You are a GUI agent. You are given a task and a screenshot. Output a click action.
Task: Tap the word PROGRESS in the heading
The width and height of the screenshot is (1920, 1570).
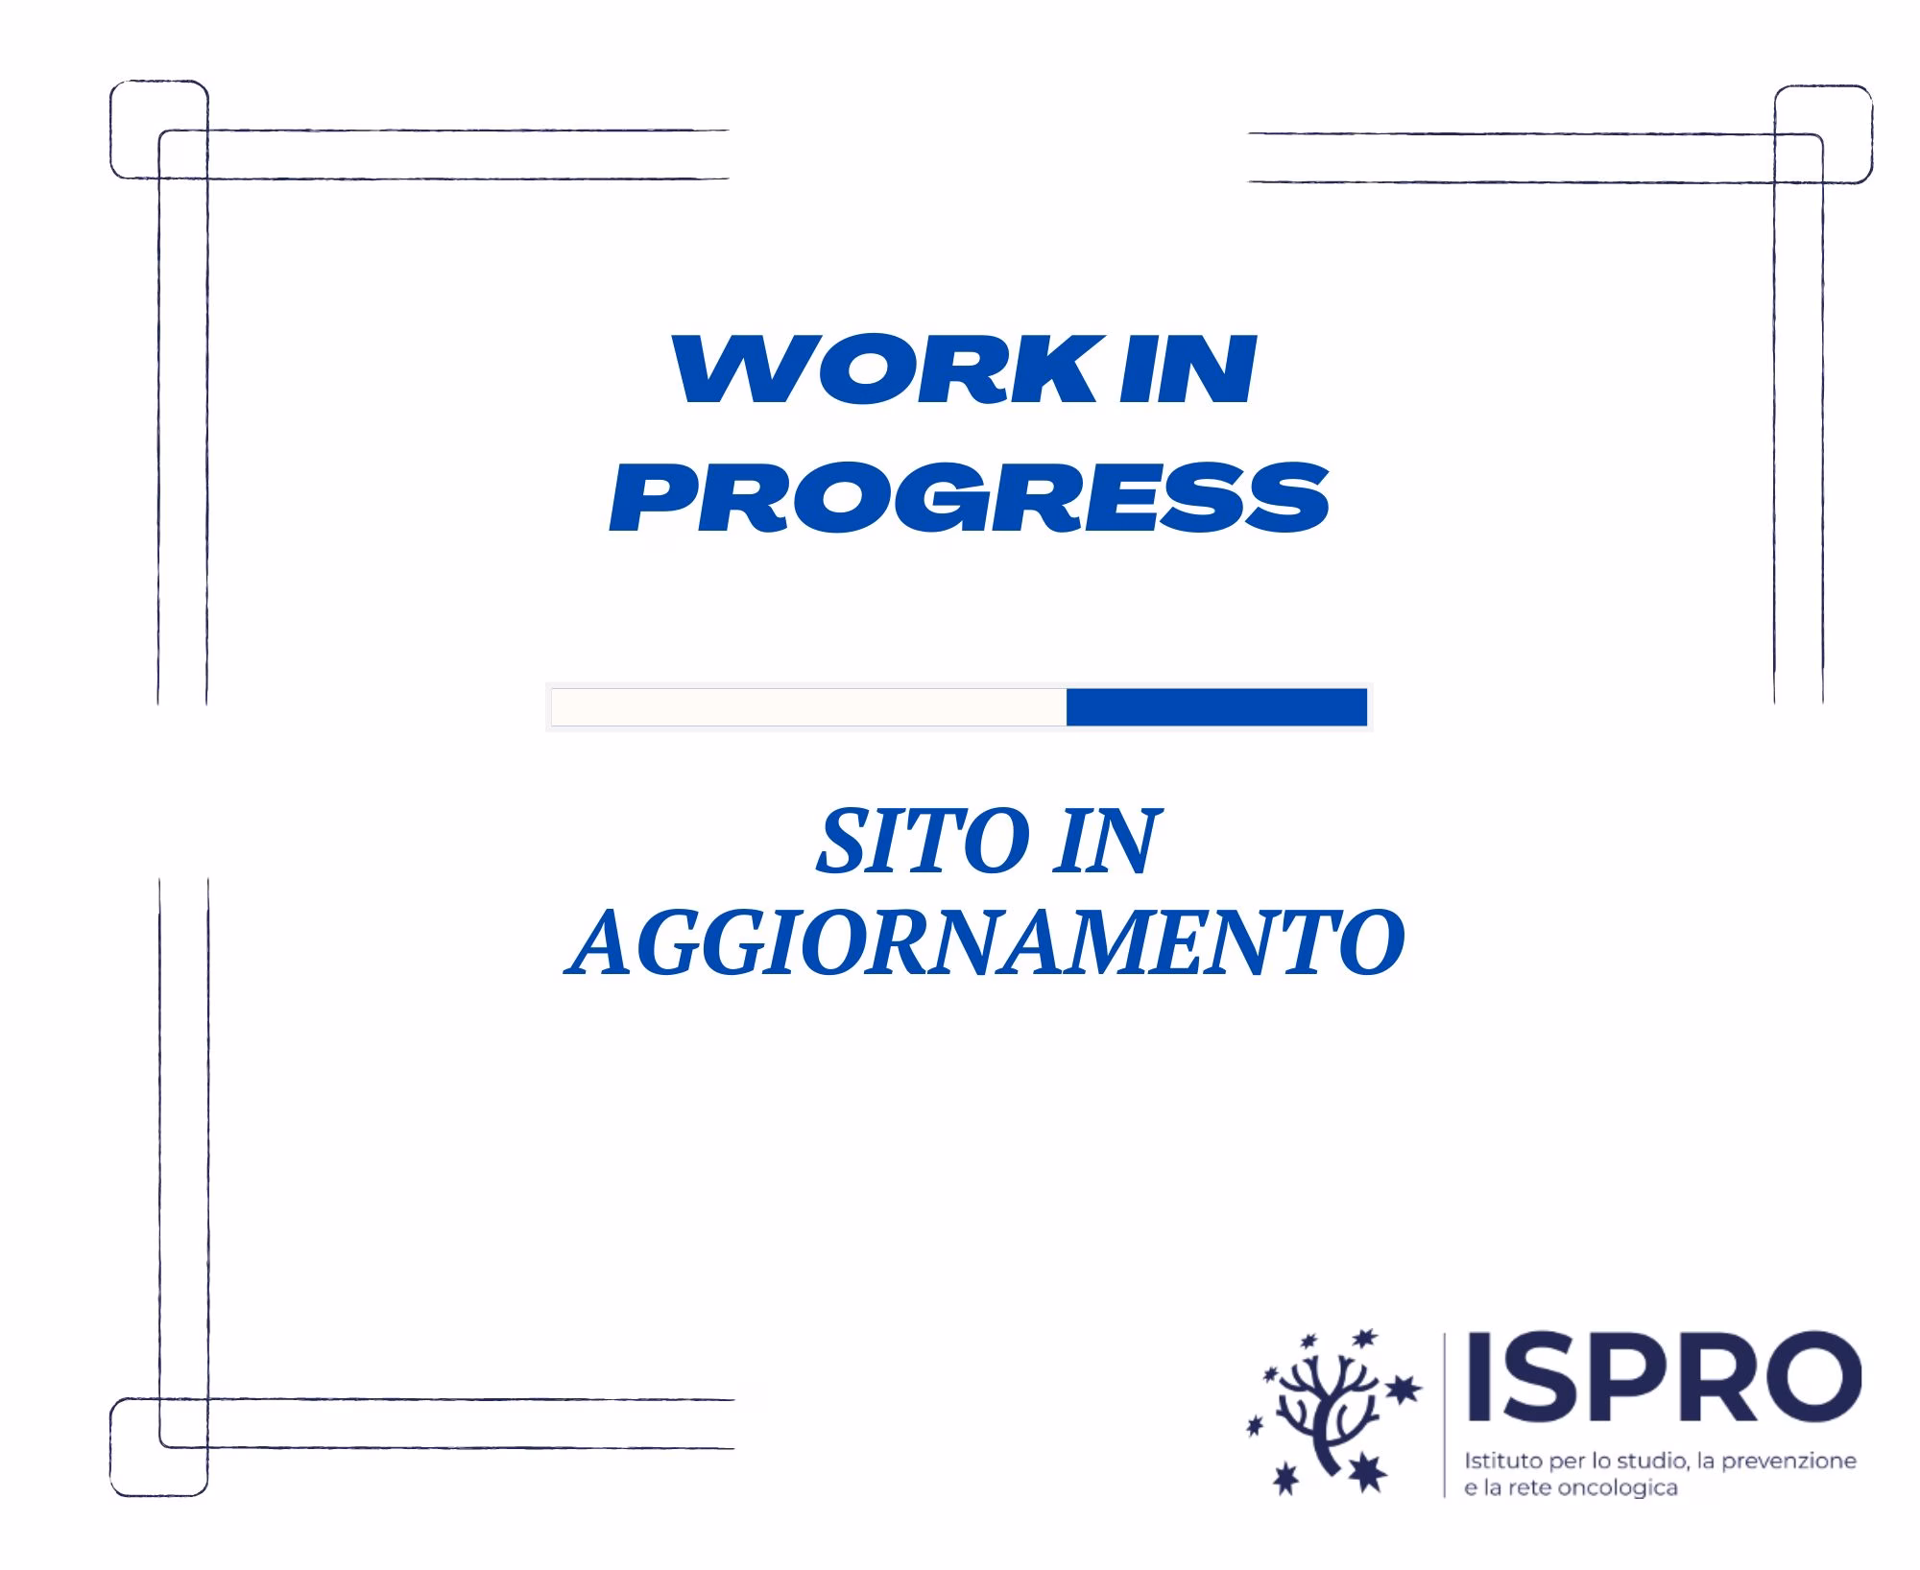[x=970, y=496]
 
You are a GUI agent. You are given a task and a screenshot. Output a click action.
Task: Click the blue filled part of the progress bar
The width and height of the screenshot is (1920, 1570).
[x=1216, y=707]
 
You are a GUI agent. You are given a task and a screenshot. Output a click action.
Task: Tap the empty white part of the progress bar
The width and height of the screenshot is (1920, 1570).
[x=808, y=707]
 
